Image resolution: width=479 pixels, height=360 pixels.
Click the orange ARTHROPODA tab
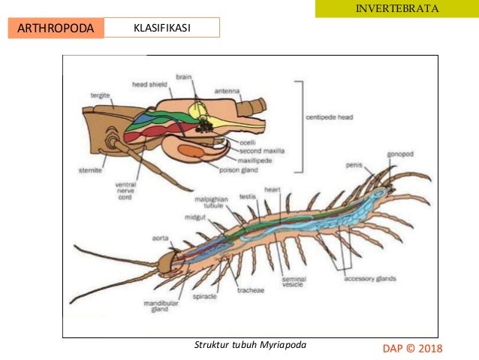[x=55, y=29]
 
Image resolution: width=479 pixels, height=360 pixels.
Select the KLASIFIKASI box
[x=161, y=29]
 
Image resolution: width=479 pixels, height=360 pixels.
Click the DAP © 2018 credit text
[x=413, y=348]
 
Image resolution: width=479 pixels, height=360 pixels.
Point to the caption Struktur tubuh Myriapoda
[x=250, y=344]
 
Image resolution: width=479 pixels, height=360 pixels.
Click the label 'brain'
[x=184, y=76]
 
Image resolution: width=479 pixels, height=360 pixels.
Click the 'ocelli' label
[x=249, y=142]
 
